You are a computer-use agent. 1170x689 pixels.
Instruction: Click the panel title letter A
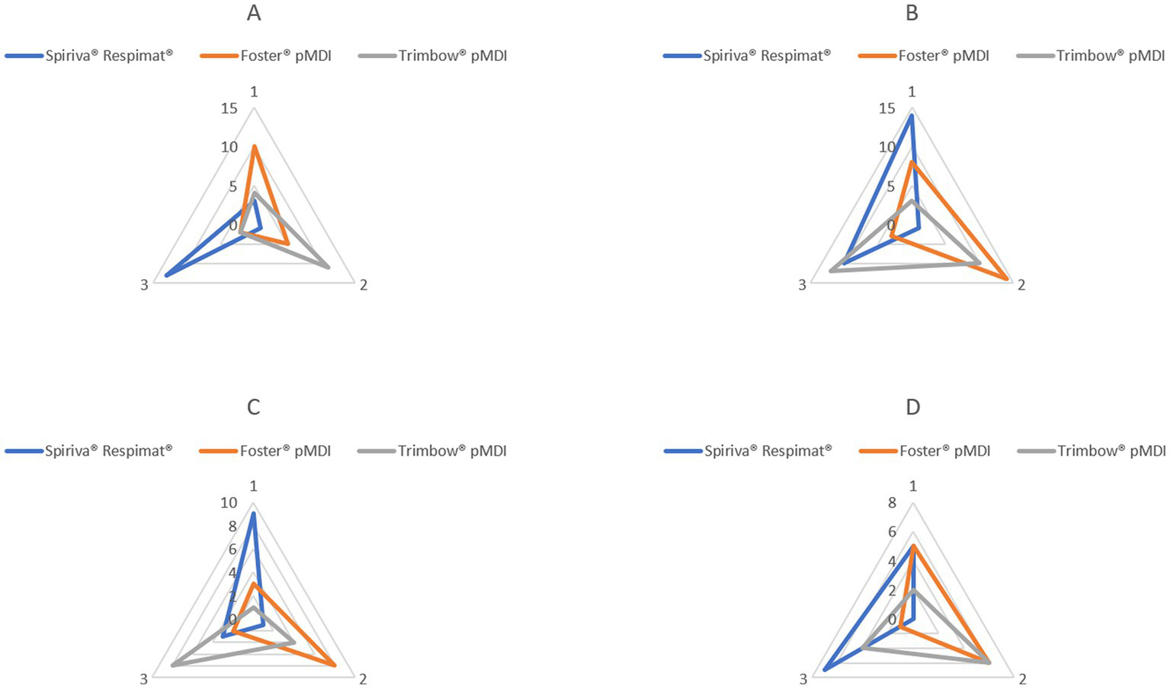coord(254,13)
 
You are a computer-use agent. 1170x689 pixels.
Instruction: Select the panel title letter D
coord(912,408)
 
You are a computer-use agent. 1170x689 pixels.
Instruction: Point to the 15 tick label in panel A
coord(229,108)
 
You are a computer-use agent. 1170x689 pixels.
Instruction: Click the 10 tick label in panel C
coord(228,503)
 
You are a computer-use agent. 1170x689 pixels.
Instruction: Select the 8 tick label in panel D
coord(892,503)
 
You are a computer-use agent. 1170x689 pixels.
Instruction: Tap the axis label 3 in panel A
coord(144,285)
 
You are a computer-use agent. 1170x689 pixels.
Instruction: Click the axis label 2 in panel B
coord(1021,285)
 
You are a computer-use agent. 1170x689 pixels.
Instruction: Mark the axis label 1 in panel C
coord(254,486)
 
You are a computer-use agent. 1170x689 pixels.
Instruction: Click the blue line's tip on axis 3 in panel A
coord(165,275)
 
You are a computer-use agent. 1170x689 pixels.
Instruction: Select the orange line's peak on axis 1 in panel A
coord(254,146)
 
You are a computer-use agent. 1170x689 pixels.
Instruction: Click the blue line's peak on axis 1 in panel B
coord(912,115)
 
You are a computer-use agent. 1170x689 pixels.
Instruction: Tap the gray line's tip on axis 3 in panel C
coord(173,666)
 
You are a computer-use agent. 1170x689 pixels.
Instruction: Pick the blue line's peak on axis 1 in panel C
coord(253,514)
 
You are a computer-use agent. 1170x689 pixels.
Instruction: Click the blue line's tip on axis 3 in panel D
coord(825,671)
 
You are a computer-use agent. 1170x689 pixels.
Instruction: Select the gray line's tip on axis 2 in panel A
coord(329,268)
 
